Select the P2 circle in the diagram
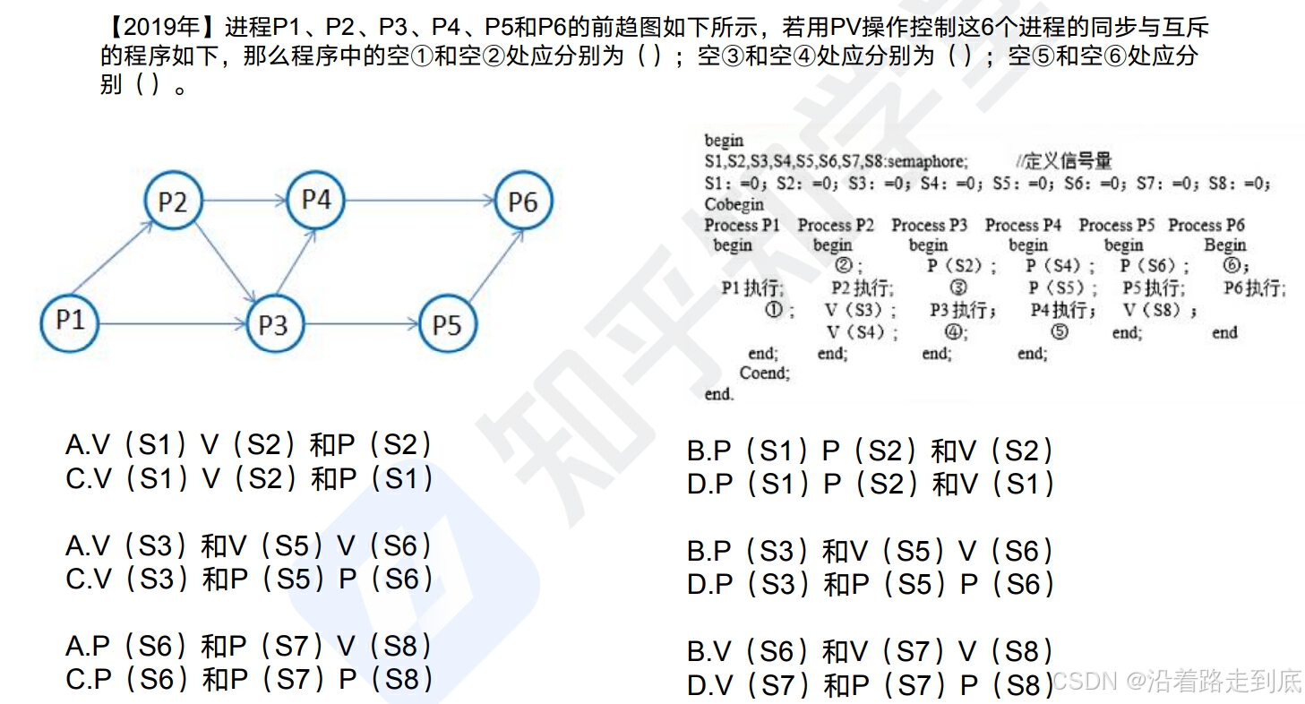pyautogui.click(x=173, y=202)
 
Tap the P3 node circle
pyautogui.click(x=272, y=324)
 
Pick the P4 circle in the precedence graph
pyautogui.click(x=316, y=200)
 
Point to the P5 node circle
pyautogui.click(x=446, y=324)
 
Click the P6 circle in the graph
pyautogui.click(x=523, y=202)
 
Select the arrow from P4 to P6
pyautogui.click(x=419, y=201)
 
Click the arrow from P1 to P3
pyautogui.click(x=170, y=323)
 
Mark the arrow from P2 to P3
pyautogui.click(x=223, y=263)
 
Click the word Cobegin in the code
pyautogui.click(x=734, y=204)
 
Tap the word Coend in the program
pyautogui.click(x=764, y=373)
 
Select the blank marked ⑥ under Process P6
pyautogui.click(x=1234, y=265)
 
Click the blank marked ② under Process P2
pyautogui.click(x=846, y=266)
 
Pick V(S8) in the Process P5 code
pyautogui.click(x=1158, y=310)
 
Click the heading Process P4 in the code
pyautogui.click(x=1023, y=225)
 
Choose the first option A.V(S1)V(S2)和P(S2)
pyautogui.click(x=249, y=445)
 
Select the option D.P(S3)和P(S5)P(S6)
pyautogui.click(x=871, y=584)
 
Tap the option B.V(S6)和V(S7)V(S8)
pyautogui.click(x=871, y=651)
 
